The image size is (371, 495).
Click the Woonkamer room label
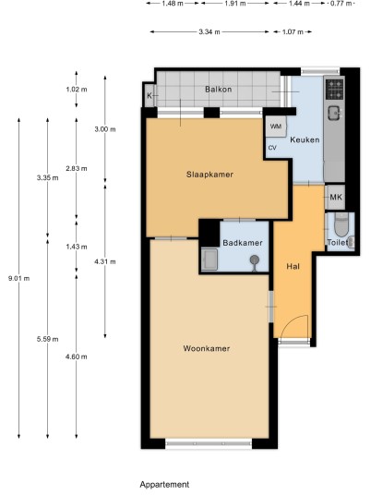[207, 348]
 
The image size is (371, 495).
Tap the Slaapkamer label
[209, 175]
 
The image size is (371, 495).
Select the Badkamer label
[243, 243]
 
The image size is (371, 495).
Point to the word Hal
[293, 267]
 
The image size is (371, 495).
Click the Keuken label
[305, 139]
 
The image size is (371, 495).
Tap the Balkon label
[219, 89]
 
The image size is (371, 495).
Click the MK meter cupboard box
[335, 198]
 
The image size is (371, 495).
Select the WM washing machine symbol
[276, 127]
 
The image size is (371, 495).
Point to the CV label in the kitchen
[272, 148]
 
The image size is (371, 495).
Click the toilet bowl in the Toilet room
[341, 225]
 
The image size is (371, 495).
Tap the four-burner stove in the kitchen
[335, 89]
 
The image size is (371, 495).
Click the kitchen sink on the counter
[334, 113]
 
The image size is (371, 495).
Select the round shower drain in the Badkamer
[255, 260]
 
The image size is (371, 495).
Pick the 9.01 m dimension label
[19, 279]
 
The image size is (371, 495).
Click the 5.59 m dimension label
[47, 339]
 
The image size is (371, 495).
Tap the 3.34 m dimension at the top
[209, 31]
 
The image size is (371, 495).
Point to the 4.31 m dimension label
[105, 261]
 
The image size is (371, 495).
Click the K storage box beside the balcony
[150, 95]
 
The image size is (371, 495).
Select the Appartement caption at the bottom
[164, 484]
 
